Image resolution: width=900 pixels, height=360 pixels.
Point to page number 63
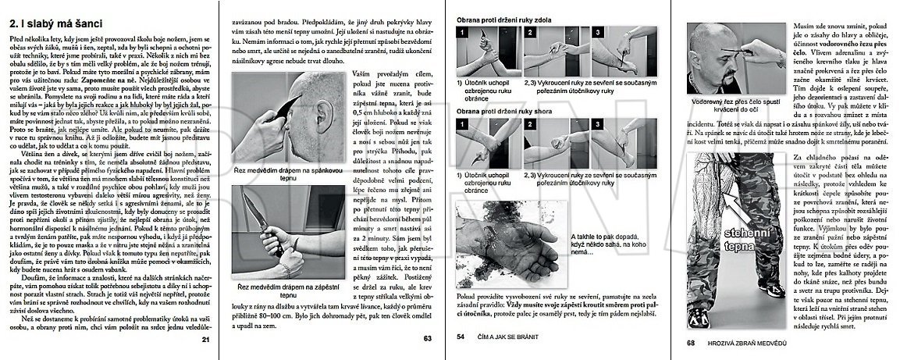coord(426,339)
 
